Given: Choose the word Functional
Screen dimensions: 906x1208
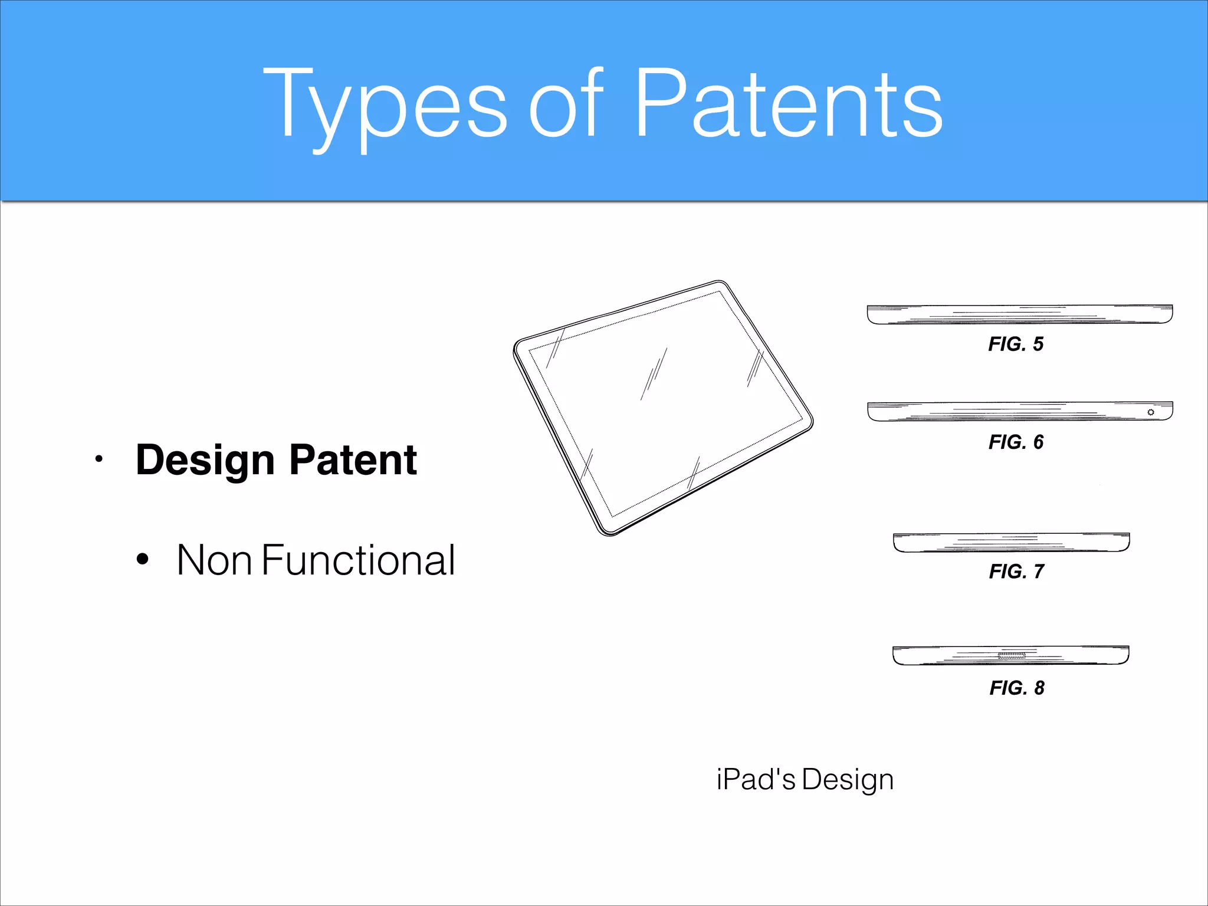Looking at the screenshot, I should point(358,560).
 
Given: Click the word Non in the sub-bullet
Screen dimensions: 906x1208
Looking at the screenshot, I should point(214,560).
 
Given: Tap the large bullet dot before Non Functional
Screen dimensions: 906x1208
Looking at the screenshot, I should point(142,559).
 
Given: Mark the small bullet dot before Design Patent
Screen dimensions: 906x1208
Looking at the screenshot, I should point(99,459).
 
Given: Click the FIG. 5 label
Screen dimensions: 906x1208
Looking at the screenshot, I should point(1016,344).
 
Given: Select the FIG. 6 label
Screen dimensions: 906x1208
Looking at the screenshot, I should point(1016,442).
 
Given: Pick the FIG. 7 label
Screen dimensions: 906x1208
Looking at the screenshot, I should point(1016,571).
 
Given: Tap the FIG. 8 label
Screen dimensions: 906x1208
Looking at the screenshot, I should point(1016,688).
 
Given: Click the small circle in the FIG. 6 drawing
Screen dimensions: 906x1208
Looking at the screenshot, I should point(1150,412).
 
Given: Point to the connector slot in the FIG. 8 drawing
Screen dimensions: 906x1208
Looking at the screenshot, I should point(1011,655).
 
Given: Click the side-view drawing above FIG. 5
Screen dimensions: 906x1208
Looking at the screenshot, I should point(1019,314).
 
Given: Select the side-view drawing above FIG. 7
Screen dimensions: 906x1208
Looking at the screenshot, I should point(1011,543).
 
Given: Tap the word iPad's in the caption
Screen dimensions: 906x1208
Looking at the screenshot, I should point(756,780).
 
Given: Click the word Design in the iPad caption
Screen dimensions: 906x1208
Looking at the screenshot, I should point(848,780).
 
